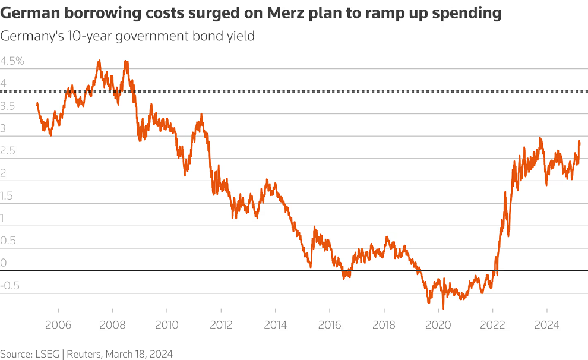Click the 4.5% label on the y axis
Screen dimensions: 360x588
pos(12,61)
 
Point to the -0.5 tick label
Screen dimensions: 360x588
pos(10,285)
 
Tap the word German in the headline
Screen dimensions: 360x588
pos(28,13)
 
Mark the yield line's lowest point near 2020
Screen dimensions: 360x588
pos(443,308)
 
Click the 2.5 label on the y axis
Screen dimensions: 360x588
pos(9,151)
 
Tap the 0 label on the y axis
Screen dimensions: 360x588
pos(4,263)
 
